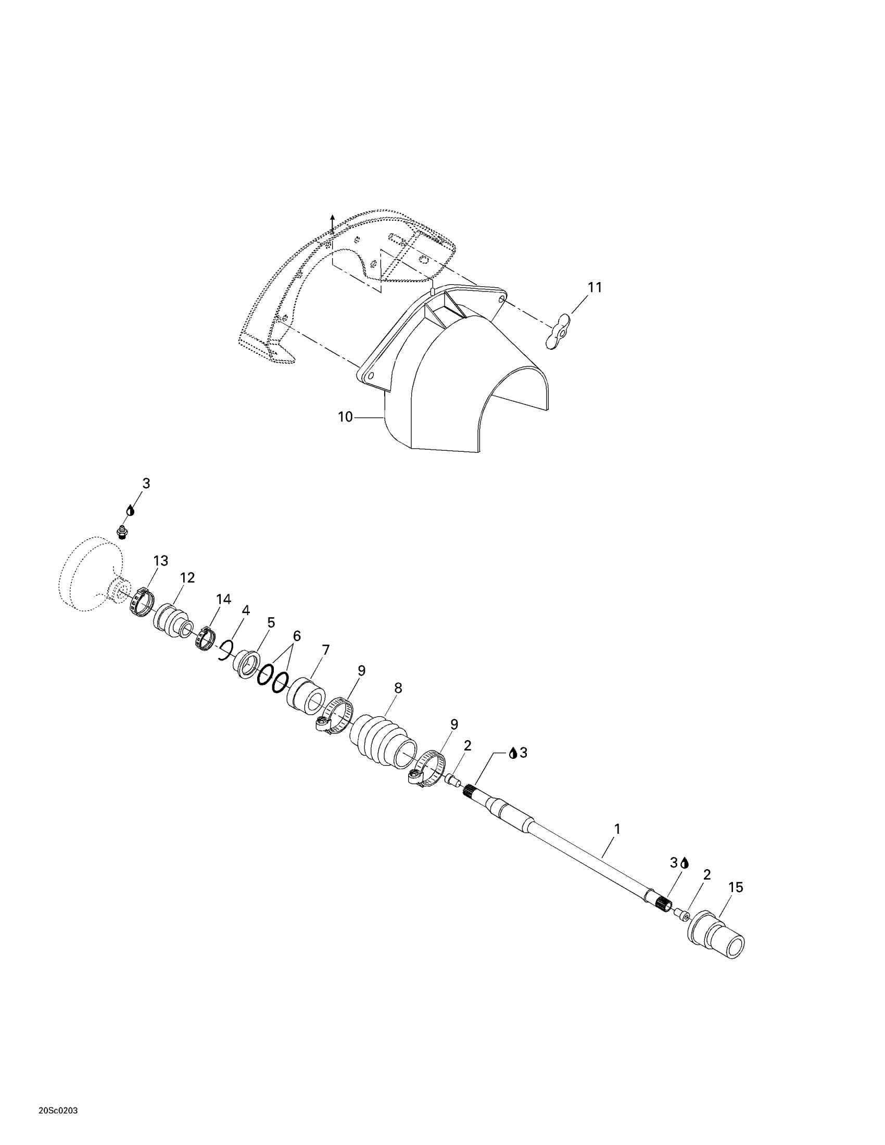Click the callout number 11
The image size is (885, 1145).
pos(595,287)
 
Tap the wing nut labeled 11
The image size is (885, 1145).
pos(558,331)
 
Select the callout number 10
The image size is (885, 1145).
pos(345,417)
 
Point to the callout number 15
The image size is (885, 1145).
pos(736,887)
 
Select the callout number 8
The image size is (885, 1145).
pos(398,688)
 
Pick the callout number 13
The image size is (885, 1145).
pos(160,561)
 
